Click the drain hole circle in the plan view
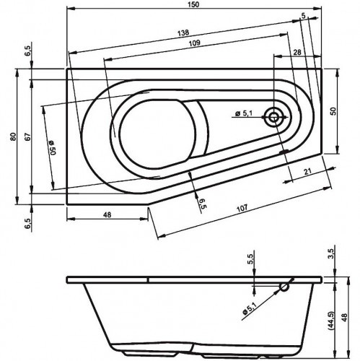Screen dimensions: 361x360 tap(275, 116)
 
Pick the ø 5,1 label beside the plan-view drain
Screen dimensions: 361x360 tap(244, 112)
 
